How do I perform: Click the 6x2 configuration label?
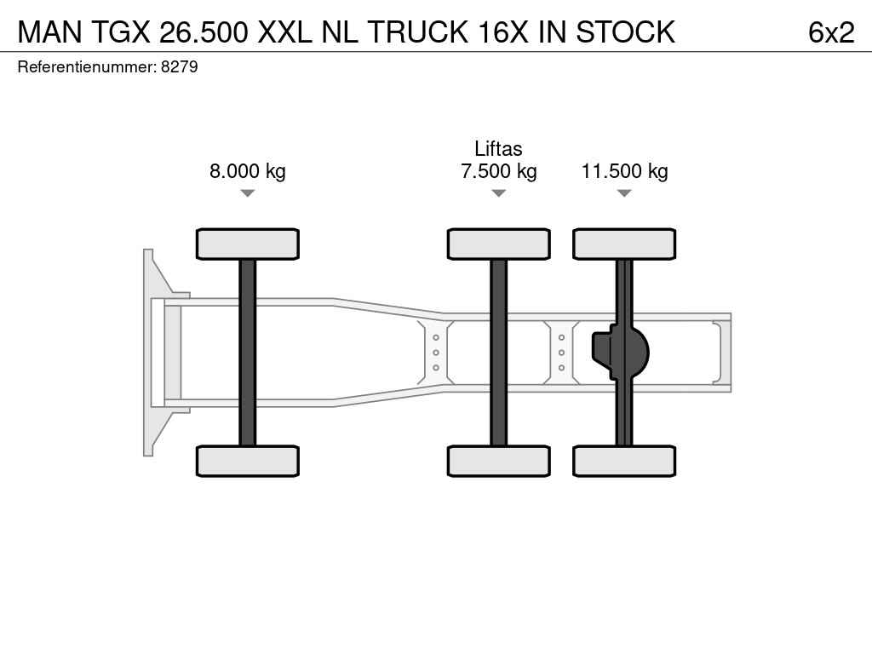831,32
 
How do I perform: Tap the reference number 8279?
179,66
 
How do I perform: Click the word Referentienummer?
87,66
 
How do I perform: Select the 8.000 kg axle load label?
248,170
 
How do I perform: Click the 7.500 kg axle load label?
499,170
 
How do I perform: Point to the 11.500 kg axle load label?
624,170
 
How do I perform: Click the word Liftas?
498,148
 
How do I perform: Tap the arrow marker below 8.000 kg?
248,193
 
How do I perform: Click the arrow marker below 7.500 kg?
499,193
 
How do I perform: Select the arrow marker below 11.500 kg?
624,193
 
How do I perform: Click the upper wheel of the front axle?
248,244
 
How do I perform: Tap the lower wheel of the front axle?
248,461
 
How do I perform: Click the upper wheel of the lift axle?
499,244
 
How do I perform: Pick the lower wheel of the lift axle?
499,461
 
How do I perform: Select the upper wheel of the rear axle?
624,244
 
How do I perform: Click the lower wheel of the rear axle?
624,461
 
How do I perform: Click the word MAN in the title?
50,32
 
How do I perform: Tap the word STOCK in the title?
625,32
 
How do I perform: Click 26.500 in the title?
204,32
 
